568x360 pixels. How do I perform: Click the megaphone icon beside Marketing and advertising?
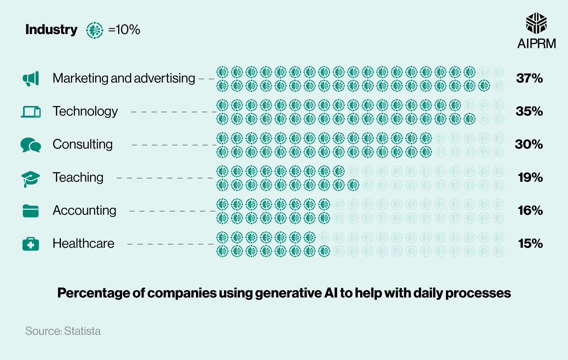point(31,79)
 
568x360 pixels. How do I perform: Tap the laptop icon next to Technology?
point(31,112)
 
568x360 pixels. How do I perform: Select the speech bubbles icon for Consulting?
point(31,145)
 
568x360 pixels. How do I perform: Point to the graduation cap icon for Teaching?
point(30,178)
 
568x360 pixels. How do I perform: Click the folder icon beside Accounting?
point(31,211)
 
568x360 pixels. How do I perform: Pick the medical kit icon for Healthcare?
point(31,244)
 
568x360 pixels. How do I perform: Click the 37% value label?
point(529,78)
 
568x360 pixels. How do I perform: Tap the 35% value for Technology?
point(529,111)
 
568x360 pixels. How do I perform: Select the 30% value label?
point(529,144)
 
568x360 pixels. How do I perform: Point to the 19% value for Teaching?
point(530,177)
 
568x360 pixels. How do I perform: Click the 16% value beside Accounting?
point(530,211)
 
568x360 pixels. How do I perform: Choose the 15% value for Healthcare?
point(530,244)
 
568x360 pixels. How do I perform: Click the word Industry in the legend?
point(51,30)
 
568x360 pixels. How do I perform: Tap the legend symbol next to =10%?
point(95,30)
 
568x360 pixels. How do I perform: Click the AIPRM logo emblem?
point(536,23)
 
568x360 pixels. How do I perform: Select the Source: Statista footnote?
point(63,331)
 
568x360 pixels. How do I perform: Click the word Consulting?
point(83,144)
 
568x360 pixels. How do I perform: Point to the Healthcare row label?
point(83,244)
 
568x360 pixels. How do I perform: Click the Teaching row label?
point(78,177)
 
